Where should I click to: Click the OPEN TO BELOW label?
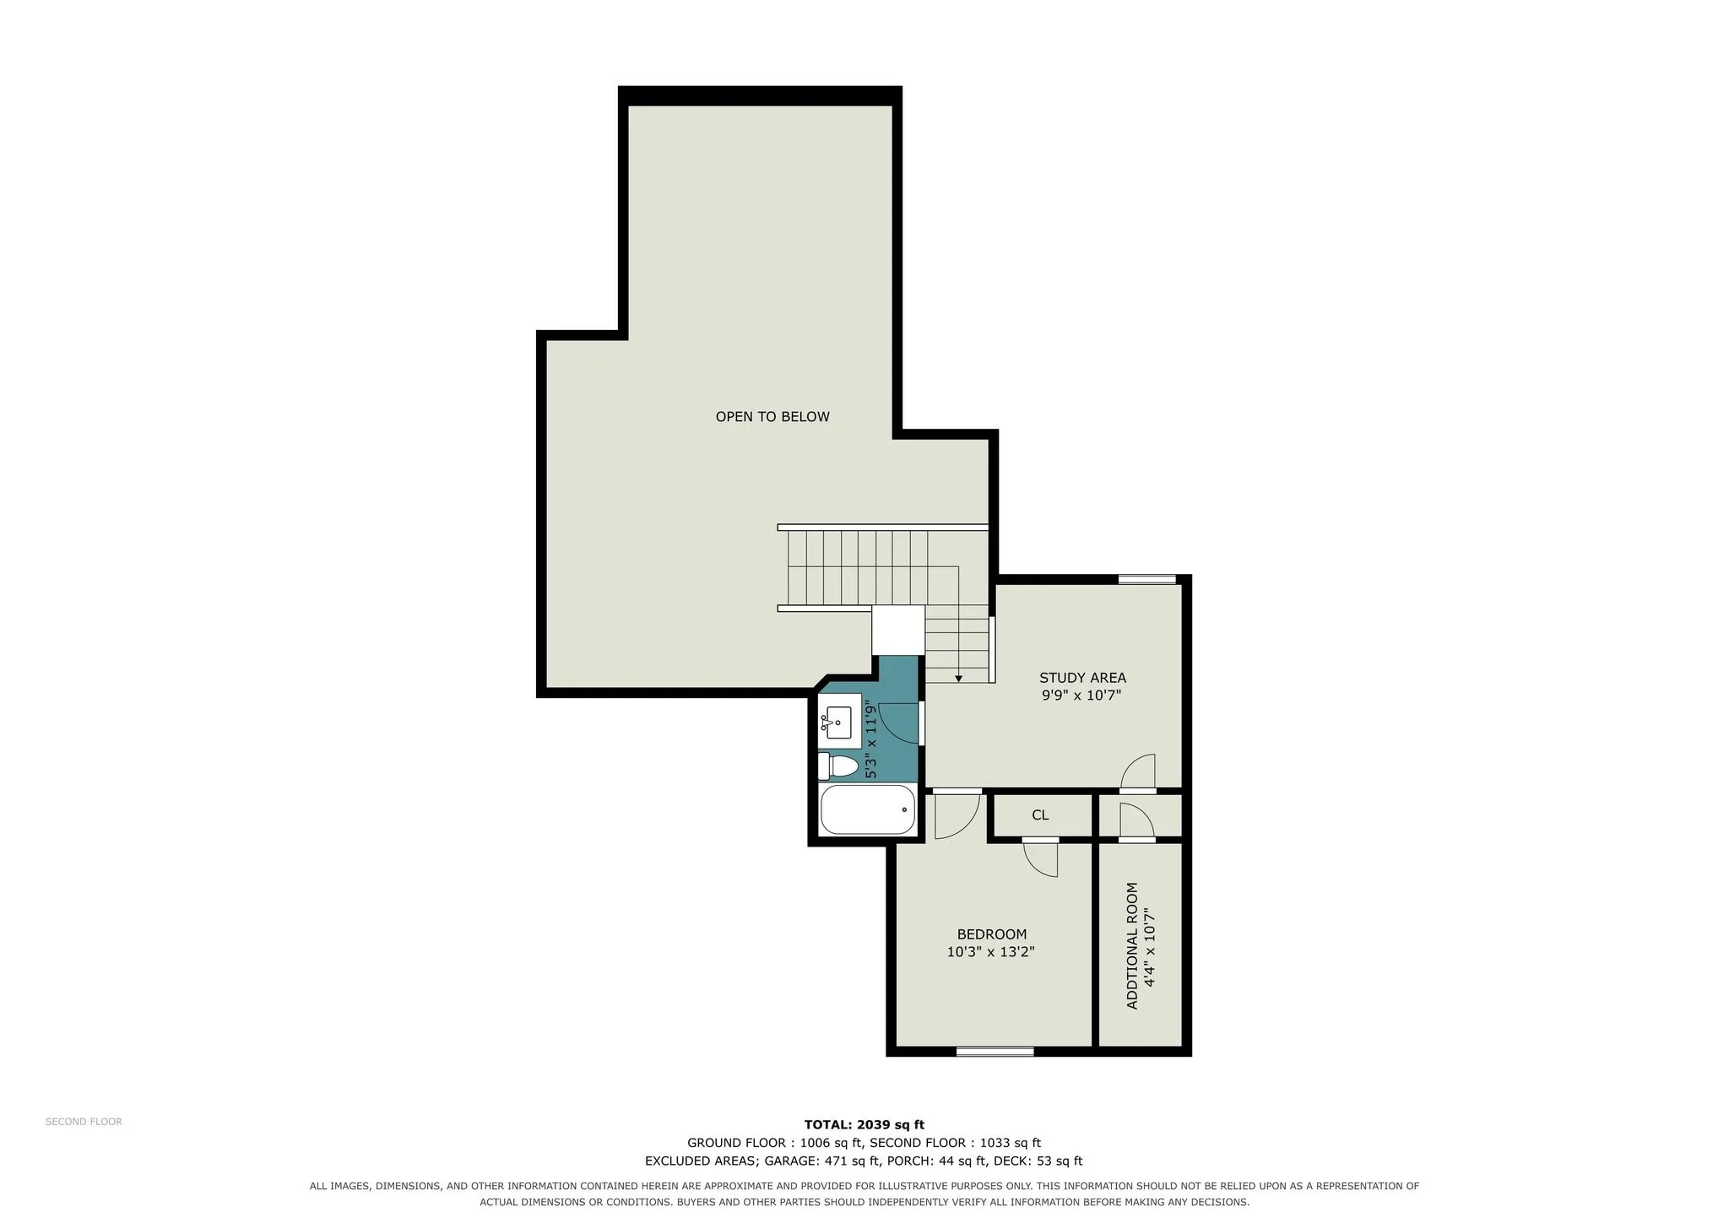[x=772, y=416]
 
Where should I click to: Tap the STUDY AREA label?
[x=1082, y=678]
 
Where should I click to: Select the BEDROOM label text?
[x=992, y=934]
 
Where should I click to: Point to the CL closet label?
[x=1040, y=815]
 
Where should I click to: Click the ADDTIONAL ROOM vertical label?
[x=1133, y=945]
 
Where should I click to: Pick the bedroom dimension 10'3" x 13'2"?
[x=991, y=952]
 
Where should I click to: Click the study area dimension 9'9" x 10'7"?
[x=1081, y=695]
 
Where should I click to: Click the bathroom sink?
[x=839, y=722]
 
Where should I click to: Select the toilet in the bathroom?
[x=838, y=766]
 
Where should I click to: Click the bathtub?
[x=868, y=810]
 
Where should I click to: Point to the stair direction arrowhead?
[x=958, y=679]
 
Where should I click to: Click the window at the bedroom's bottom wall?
[x=995, y=1052]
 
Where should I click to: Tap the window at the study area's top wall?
[x=1147, y=579]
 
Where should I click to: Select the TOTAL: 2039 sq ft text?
[x=864, y=1124]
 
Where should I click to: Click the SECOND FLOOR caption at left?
[x=84, y=1122]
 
